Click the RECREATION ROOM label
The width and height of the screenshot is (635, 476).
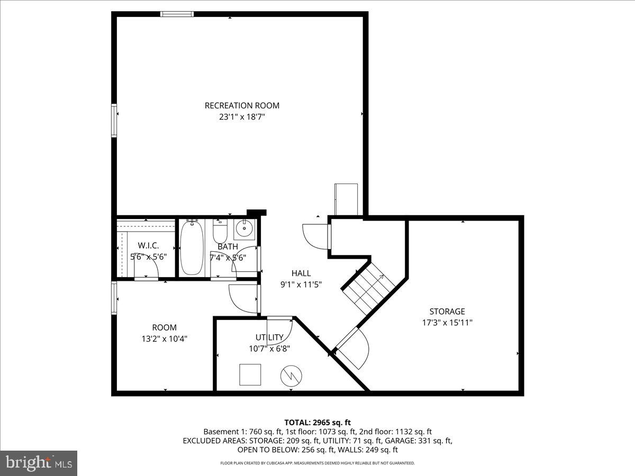click(x=242, y=105)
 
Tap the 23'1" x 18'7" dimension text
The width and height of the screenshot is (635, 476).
click(x=242, y=117)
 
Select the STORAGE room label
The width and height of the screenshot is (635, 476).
click(x=447, y=312)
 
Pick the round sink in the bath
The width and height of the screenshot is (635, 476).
click(x=244, y=230)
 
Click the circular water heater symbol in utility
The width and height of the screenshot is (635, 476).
click(x=291, y=376)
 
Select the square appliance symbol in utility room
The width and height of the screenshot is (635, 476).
click(x=250, y=374)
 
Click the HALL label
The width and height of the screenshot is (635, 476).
click(x=301, y=273)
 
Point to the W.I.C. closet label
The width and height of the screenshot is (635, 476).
click(x=149, y=246)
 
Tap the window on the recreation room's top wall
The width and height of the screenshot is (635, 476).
click(x=177, y=14)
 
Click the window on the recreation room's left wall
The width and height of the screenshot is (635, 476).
click(x=114, y=121)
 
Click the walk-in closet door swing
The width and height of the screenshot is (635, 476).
click(x=147, y=270)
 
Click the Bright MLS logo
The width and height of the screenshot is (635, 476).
click(x=39, y=463)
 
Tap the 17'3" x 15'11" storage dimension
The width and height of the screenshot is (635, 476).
click(x=447, y=322)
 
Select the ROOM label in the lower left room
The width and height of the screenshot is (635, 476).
click(x=164, y=327)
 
